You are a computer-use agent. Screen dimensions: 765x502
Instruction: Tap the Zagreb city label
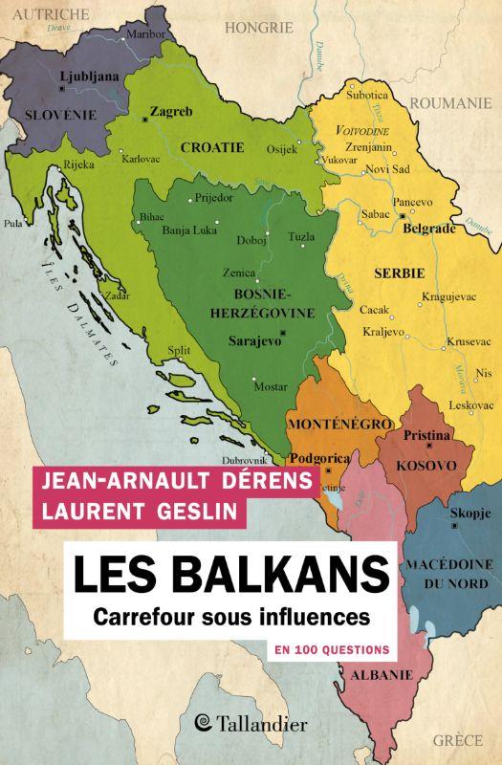point(169,111)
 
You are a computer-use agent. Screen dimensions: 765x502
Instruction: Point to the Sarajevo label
point(252,339)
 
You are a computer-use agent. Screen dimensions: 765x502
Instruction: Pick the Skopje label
point(469,514)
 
